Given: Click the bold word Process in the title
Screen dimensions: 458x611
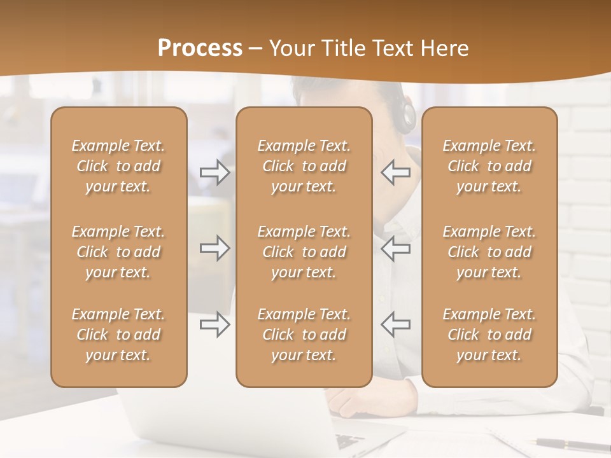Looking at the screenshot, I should (x=200, y=48).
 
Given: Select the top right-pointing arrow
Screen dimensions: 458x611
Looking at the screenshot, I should (x=214, y=172).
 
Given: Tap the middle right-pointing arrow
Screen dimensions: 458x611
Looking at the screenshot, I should (x=214, y=248).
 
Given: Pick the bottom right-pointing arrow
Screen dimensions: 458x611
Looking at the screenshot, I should (x=214, y=324).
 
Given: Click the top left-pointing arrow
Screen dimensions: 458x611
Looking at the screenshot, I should (x=395, y=172).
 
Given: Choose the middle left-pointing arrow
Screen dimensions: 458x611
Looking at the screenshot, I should (x=395, y=248).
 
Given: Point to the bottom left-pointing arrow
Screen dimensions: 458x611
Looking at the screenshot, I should (x=395, y=324).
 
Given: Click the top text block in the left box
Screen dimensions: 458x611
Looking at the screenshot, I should (x=118, y=166).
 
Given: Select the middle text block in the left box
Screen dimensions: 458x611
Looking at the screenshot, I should (x=118, y=252).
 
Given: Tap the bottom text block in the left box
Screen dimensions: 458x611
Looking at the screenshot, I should (x=118, y=335).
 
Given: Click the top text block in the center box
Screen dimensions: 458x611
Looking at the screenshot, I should (x=304, y=166).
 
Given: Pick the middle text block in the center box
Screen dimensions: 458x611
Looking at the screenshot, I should (x=304, y=252).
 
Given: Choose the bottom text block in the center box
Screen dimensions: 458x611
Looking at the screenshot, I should (x=304, y=335).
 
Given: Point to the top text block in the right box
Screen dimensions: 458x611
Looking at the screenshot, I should (x=489, y=166).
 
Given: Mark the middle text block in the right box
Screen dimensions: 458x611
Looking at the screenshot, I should (x=489, y=252).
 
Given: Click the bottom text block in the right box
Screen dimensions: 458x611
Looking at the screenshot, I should (x=489, y=335).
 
